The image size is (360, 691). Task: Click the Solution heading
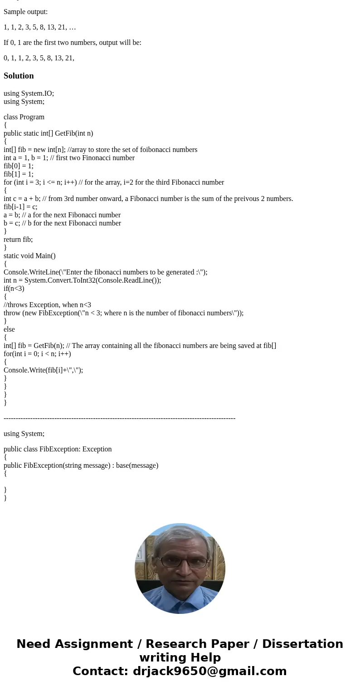pyautogui.click(x=19, y=76)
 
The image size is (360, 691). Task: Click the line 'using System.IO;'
pyautogui.click(x=29, y=93)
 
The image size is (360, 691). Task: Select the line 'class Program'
pyautogui.click(x=24, y=117)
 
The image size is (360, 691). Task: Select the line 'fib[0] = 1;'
pyautogui.click(x=19, y=166)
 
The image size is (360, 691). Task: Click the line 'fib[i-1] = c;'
pyautogui.click(x=20, y=207)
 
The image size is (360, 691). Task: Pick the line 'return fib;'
pyautogui.click(x=18, y=240)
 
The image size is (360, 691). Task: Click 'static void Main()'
pyautogui.click(x=29, y=256)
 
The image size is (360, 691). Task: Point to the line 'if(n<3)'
pyautogui.click(x=14, y=289)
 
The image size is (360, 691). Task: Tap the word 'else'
pyautogui.click(x=9, y=329)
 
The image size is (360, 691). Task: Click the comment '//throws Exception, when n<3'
pyautogui.click(x=47, y=305)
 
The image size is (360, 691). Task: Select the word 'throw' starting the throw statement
pyautogui.click(x=12, y=313)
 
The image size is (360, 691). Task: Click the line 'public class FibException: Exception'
pyautogui.click(x=58, y=449)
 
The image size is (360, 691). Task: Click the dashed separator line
pyautogui.click(x=119, y=418)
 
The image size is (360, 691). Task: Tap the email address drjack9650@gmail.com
pyautogui.click(x=209, y=671)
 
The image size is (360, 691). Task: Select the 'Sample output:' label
pyautogui.click(x=25, y=12)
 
